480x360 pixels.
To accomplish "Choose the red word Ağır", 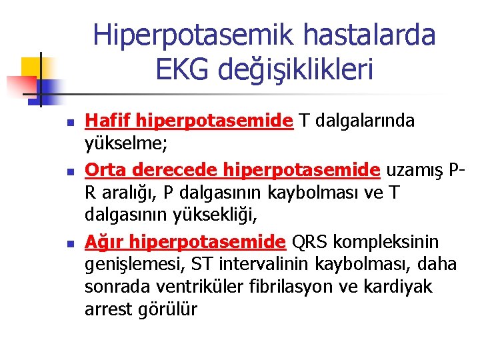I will pyautogui.click(x=104, y=240).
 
